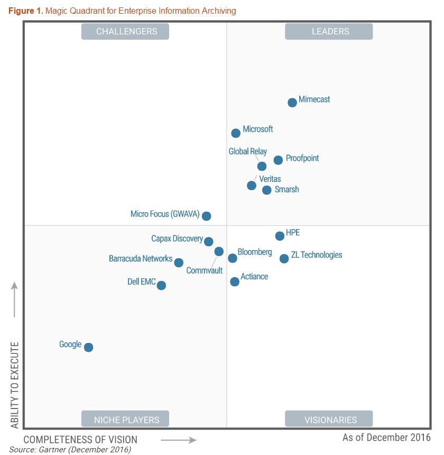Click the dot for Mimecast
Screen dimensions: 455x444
[x=292, y=103]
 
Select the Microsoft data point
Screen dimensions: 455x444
[x=236, y=133]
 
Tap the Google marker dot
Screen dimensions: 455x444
[x=89, y=348]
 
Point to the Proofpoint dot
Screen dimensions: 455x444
[x=278, y=160]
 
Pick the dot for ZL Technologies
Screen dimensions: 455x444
[x=284, y=259]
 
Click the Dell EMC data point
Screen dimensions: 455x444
[x=161, y=286]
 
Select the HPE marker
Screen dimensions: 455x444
[x=280, y=236]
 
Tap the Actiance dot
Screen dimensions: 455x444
[x=235, y=282]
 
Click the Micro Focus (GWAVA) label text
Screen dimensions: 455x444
[x=165, y=214]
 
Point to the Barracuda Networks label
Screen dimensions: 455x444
[x=141, y=259]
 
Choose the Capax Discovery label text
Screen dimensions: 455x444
[x=177, y=239]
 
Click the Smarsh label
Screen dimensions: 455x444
[x=286, y=189]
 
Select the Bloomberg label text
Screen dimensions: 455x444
[x=255, y=252]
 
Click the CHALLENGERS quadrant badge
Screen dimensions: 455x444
[x=125, y=32]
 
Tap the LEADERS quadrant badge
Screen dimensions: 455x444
[x=329, y=32]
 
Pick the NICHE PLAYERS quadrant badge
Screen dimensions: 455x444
[x=125, y=420]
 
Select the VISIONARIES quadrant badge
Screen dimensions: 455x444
[x=329, y=420]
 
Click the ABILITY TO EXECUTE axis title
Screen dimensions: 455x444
[x=15, y=385]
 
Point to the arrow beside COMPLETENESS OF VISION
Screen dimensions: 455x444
[x=178, y=440]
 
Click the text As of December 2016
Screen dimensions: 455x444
[x=386, y=438]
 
